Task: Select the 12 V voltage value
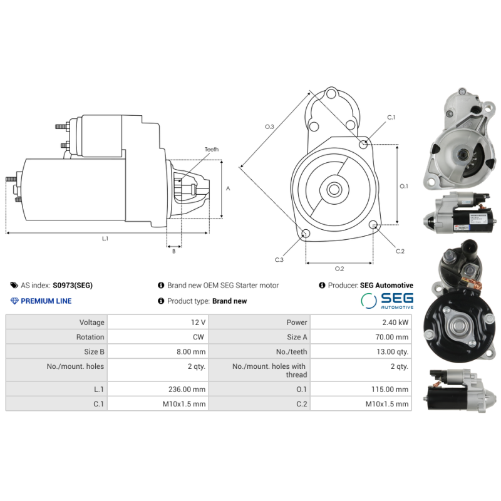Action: [199, 323]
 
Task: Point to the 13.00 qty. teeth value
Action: [393, 352]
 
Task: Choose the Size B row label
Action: [94, 352]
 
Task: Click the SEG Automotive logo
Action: [386, 301]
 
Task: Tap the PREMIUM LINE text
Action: [46, 301]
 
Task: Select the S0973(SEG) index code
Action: [72, 286]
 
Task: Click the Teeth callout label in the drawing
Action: [212, 150]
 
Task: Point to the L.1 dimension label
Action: [105, 239]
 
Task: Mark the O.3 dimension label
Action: [269, 127]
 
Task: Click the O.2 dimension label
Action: [339, 269]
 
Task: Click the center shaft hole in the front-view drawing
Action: [334, 188]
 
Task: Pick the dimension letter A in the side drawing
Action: [229, 188]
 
